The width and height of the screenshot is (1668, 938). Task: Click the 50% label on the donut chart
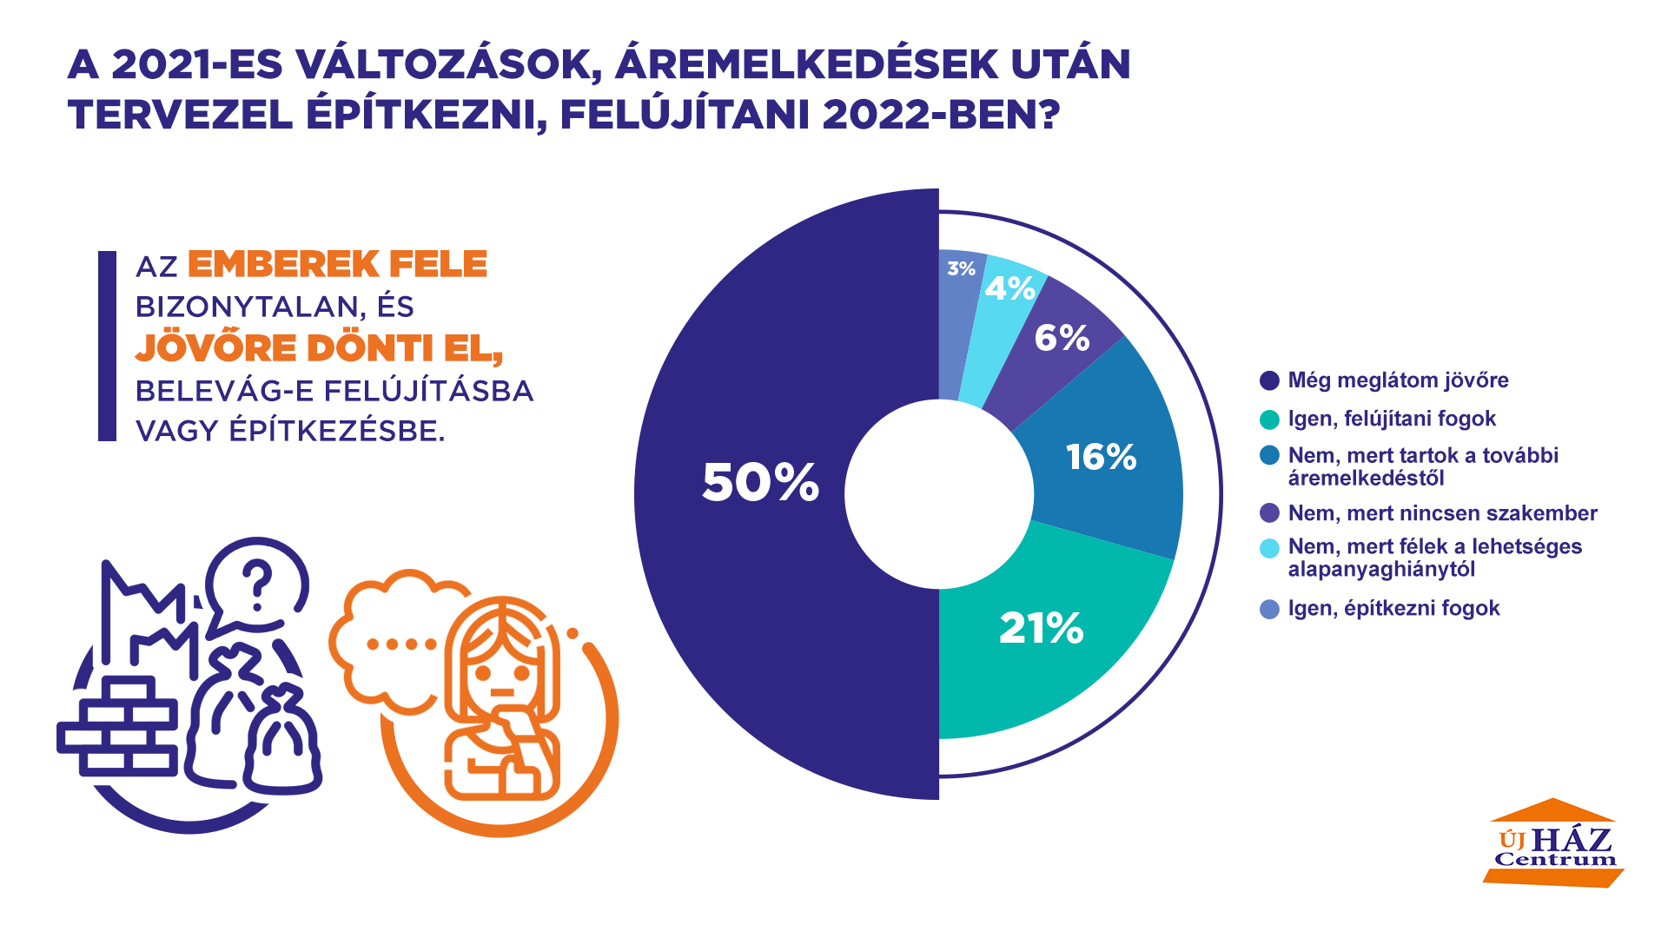pos(760,482)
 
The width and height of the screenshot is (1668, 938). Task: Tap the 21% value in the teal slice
pos(1041,628)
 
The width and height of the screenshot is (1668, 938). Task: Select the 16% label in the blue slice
pos(1101,457)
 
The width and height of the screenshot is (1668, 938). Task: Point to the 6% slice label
pos(1062,338)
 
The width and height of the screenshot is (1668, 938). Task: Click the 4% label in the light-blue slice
pos(1009,288)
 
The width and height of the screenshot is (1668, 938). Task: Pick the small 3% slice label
pos(961,269)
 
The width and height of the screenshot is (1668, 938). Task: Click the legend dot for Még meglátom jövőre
pos(1269,380)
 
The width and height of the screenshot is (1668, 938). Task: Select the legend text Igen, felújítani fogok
pos(1392,419)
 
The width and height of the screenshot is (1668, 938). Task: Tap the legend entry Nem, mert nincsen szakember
pos(1442,513)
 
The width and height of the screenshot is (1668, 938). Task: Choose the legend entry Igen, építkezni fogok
pos(1393,608)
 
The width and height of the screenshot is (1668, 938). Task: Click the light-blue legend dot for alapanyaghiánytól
pos(1269,548)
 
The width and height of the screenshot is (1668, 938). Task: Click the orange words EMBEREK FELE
pos(337,264)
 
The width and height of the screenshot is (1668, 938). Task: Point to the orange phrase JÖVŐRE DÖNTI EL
pos(319,348)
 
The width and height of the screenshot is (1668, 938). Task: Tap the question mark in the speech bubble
pos(257,585)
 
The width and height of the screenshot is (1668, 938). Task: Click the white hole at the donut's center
pos(939,494)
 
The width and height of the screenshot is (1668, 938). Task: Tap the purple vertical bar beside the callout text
pos(107,346)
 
